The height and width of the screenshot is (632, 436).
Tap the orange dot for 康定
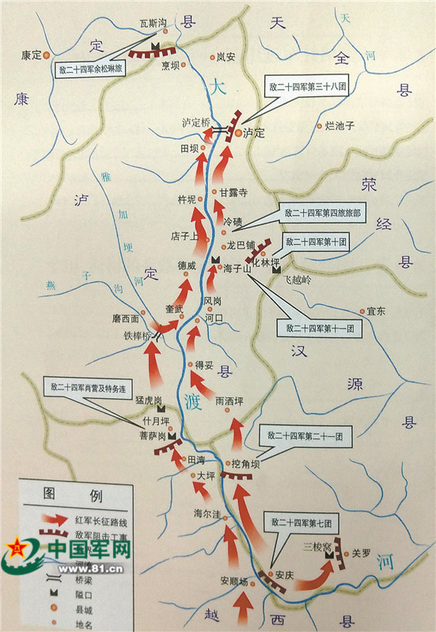[47, 55]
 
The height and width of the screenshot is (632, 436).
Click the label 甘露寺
[234, 192]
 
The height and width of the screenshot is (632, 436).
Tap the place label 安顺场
[235, 582]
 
